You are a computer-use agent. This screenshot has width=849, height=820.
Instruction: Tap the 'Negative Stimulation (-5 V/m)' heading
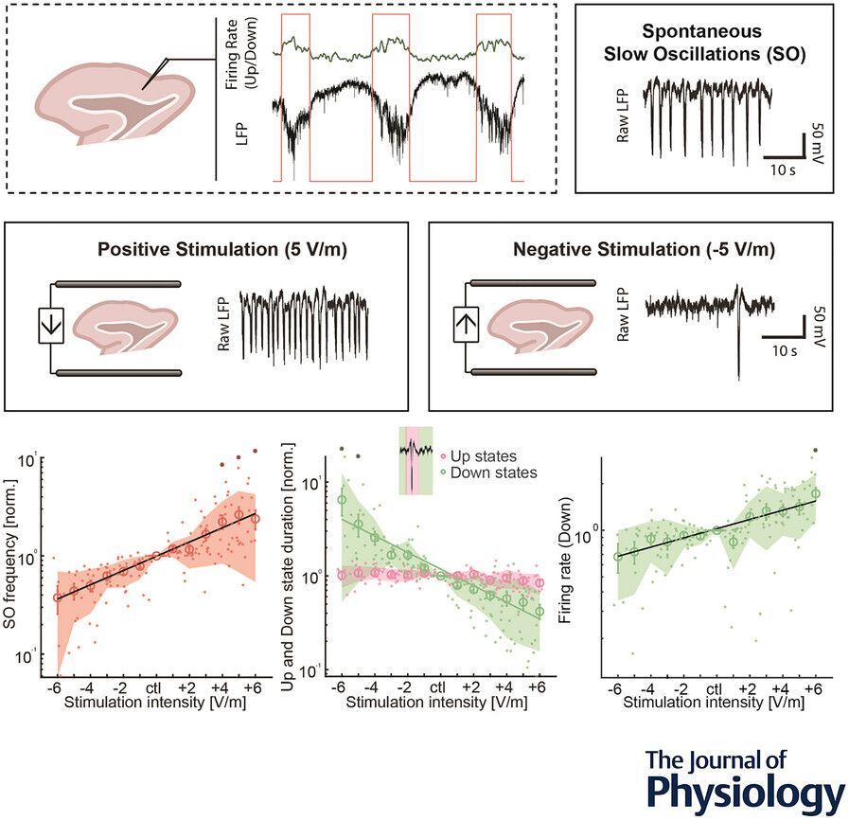click(x=643, y=251)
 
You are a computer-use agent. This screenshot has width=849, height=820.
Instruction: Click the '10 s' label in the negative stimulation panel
click(x=780, y=351)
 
